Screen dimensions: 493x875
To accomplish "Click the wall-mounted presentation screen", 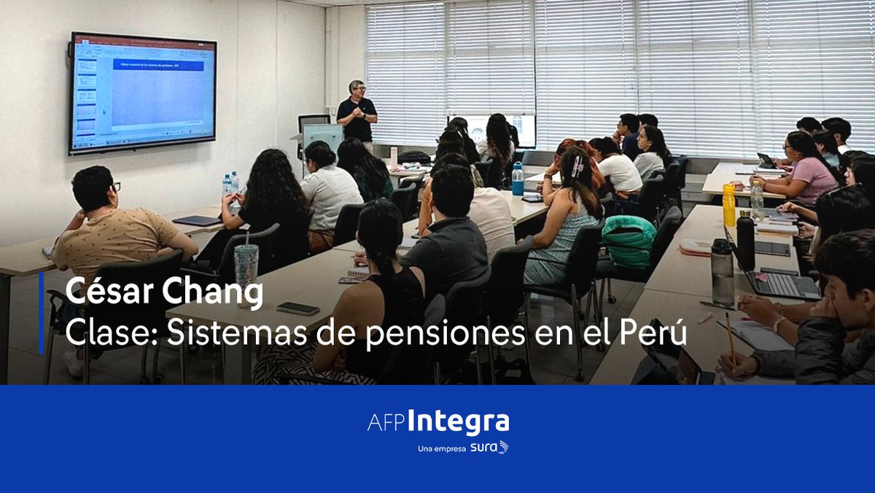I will click(x=143, y=93).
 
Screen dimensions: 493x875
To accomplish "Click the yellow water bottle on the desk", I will click(x=728, y=205).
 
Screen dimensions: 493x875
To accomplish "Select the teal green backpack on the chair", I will click(x=629, y=241).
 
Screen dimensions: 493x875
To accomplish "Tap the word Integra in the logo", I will click(x=458, y=423).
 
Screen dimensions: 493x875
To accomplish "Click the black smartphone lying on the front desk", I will click(x=297, y=308).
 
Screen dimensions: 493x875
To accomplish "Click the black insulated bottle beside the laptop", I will click(x=745, y=240).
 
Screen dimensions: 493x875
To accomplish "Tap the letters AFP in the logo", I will click(x=384, y=424).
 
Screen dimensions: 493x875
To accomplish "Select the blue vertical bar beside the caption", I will click(x=42, y=313).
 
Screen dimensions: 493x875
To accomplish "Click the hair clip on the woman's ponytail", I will click(x=576, y=166).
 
